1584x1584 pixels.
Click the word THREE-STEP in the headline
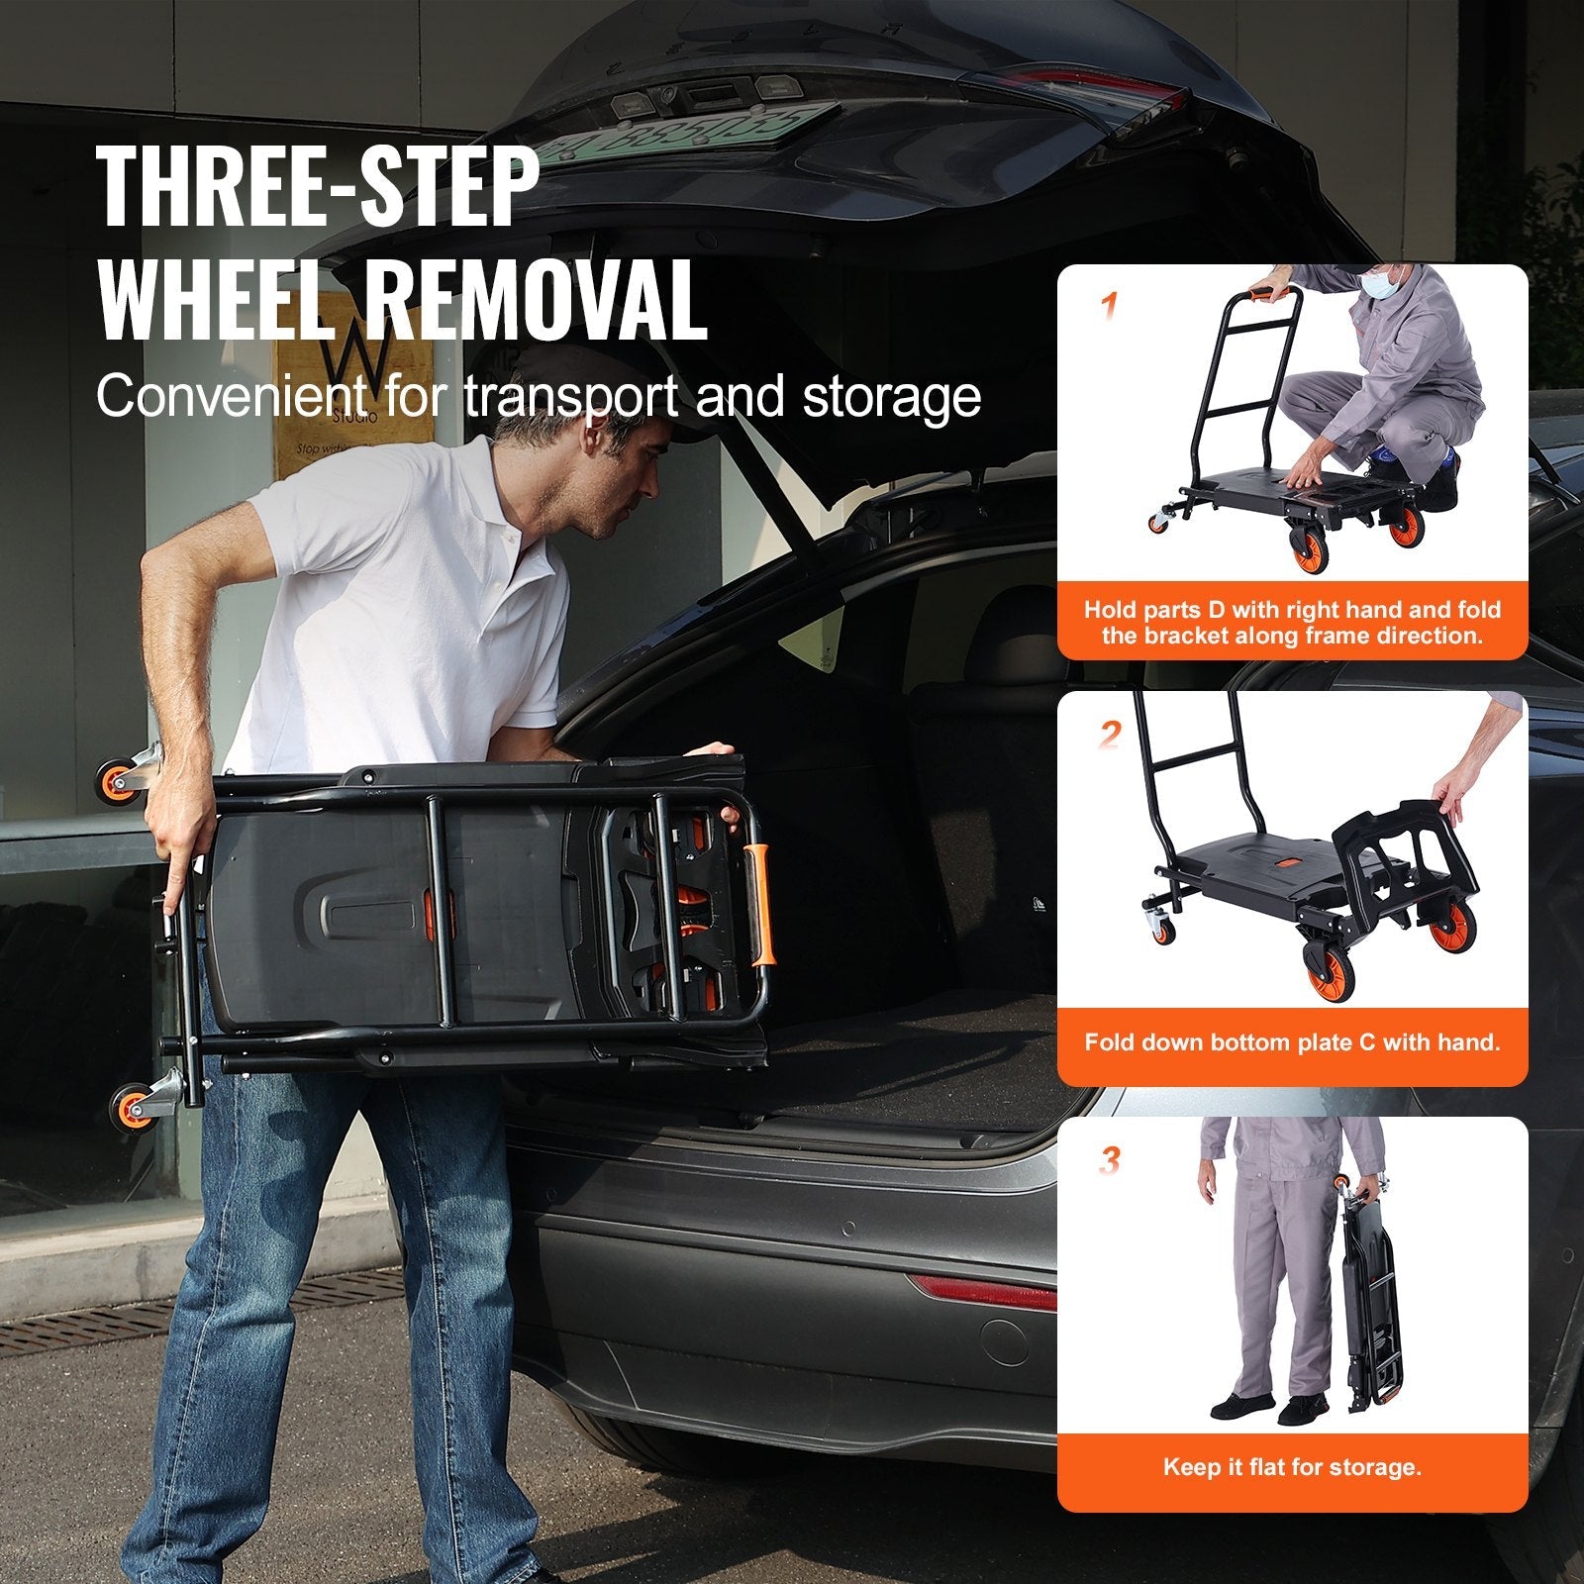(318, 187)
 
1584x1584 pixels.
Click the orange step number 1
(1109, 308)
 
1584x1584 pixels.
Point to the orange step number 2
(1111, 735)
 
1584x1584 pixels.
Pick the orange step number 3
(1110, 1160)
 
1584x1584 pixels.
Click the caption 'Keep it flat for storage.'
(1292, 1466)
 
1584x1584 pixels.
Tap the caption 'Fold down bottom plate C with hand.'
(1292, 1041)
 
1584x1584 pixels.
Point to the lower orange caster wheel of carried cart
(129, 1104)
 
